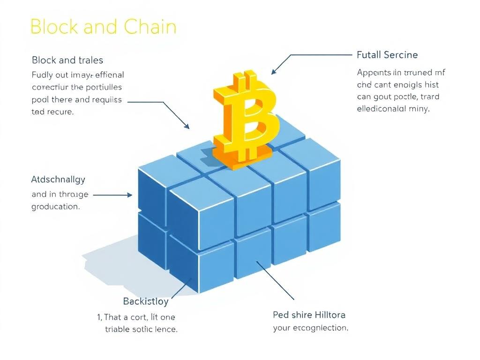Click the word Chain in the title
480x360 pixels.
tap(150, 27)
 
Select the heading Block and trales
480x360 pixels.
tap(67, 60)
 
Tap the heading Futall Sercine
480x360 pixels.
tap(387, 55)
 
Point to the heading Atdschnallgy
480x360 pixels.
tap(58, 180)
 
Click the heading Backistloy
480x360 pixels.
tap(146, 301)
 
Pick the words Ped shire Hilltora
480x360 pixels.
tap(309, 315)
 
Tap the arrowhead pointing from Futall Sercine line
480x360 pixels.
tap(275, 71)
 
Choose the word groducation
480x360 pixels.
tap(55, 206)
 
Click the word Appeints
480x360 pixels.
tap(374, 73)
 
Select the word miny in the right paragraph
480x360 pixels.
tap(421, 109)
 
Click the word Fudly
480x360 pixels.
tap(43, 75)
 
